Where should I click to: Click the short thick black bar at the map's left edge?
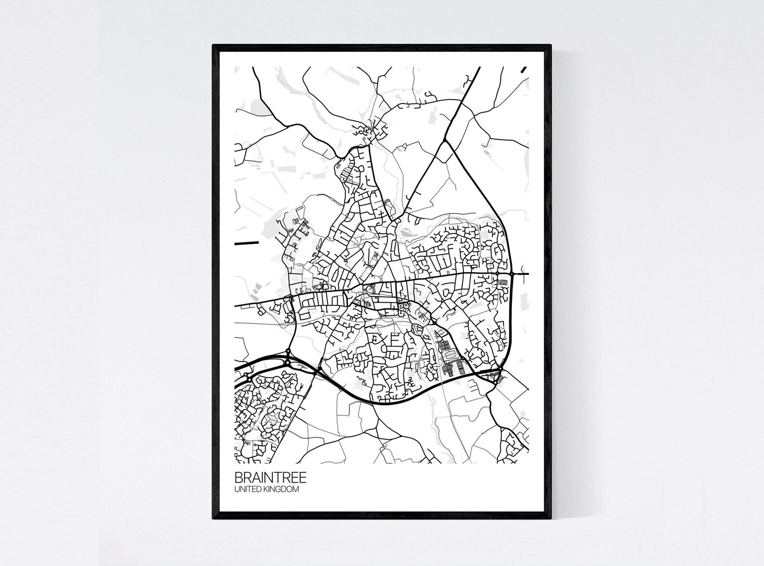point(243,244)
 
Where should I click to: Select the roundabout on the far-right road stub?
point(513,274)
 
